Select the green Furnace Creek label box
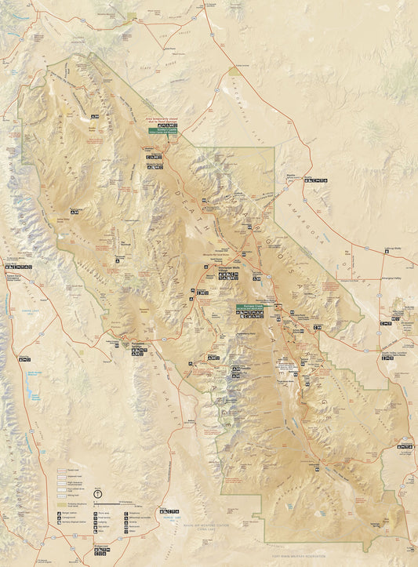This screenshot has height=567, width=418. coord(250,307)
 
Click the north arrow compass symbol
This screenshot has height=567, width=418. coord(97,492)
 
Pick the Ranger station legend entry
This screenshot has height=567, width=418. coord(69,515)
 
